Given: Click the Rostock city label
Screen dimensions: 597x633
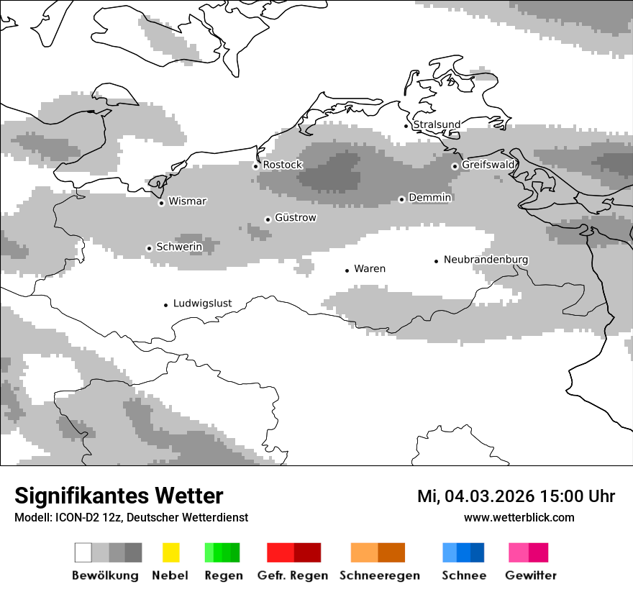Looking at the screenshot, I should [283, 165].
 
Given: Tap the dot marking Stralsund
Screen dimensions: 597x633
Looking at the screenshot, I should [406, 126].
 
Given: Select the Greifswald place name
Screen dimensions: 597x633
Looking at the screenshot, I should [488, 165].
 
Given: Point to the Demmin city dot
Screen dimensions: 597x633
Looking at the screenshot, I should [401, 199].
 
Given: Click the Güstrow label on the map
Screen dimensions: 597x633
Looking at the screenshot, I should [296, 217].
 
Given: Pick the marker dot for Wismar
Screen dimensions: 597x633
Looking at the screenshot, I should [161, 203].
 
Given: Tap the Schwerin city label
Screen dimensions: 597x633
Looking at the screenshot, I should [179, 247].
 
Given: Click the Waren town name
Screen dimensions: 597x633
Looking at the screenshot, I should [370, 268].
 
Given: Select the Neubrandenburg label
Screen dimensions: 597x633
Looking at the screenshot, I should [486, 259].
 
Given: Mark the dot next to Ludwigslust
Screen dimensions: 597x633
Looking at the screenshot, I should [165, 305].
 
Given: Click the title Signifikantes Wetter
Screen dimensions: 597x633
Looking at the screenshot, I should [119, 496].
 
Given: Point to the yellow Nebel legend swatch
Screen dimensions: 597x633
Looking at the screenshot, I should [170, 552].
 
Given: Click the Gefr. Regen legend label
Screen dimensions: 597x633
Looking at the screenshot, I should [292, 575].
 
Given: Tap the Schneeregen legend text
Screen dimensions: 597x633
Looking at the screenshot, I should [380, 575].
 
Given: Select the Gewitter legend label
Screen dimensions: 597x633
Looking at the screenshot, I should [531, 575].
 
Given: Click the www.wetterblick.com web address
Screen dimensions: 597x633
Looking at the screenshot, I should [519, 517].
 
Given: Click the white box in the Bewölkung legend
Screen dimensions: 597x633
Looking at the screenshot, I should [83, 552].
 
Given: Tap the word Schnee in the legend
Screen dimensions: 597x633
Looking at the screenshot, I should [464, 575].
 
